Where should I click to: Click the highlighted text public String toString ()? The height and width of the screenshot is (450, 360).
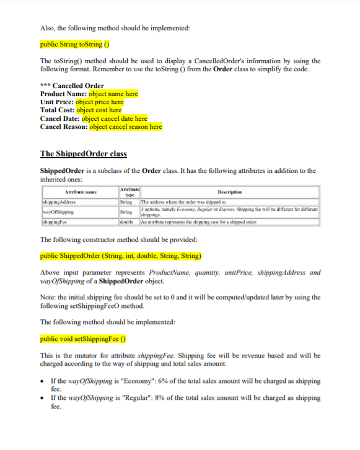75,45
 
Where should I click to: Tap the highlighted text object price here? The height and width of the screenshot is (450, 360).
99,102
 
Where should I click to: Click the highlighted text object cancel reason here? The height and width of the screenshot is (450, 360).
126,126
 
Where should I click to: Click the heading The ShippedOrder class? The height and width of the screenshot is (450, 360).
83,154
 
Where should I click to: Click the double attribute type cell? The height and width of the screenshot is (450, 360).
127,223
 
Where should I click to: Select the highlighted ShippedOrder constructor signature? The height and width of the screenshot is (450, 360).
121,255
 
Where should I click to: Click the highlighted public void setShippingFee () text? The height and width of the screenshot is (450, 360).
84,339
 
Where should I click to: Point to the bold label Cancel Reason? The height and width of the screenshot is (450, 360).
64,126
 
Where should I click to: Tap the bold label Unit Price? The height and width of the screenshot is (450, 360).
56,102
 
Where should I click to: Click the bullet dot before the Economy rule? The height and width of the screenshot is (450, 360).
42,380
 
